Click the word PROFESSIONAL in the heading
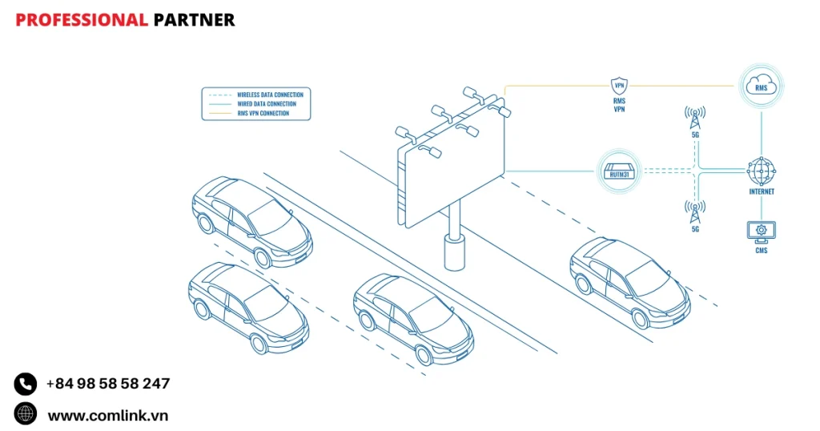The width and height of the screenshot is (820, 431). point(82,20)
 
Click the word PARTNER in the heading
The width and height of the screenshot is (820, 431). point(194,20)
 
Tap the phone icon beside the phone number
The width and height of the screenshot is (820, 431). point(26,384)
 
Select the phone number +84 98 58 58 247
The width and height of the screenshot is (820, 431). point(108,384)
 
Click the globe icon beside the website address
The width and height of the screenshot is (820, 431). point(26,414)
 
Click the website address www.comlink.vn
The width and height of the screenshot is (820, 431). point(107,415)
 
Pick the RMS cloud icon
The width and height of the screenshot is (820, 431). point(761,86)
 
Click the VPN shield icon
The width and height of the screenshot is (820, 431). point(619,86)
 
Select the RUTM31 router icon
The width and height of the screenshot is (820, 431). point(618,171)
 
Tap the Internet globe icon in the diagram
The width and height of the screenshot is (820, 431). point(761,171)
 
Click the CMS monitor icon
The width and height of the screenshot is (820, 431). point(761,232)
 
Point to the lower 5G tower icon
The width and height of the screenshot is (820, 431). point(695,212)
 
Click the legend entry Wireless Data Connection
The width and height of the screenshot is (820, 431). point(271,95)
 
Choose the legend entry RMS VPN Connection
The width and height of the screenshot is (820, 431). point(263,113)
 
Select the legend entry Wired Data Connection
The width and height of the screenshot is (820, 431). point(266,104)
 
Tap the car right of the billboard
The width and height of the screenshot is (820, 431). point(629,282)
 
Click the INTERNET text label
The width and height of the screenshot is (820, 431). point(761,192)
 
